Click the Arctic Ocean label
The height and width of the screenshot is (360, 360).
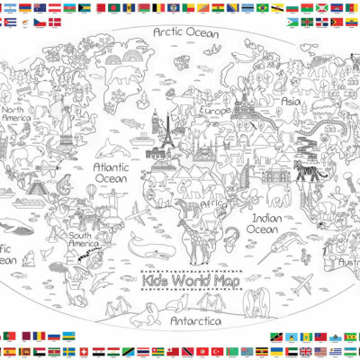point(185,33)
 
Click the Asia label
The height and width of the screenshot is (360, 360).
point(291,102)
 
